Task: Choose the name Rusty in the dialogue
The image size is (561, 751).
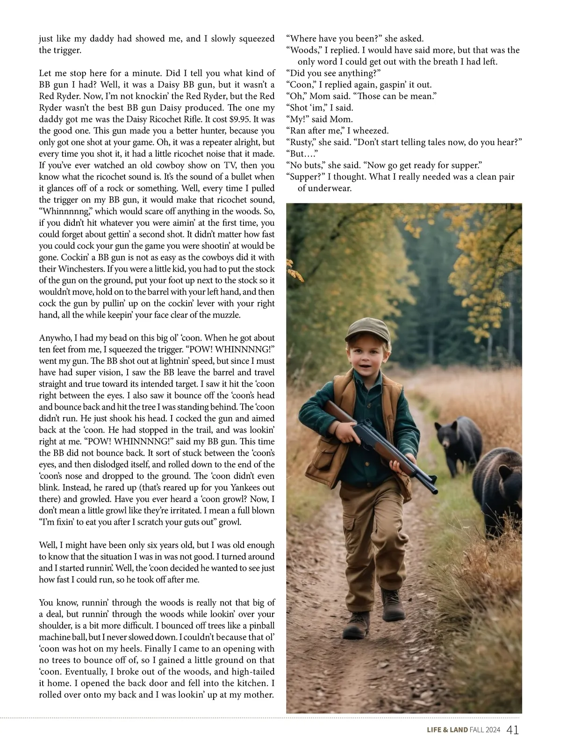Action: (x=302, y=142)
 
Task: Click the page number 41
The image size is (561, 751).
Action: (x=512, y=730)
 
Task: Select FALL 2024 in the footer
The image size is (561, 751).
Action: (x=485, y=730)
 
